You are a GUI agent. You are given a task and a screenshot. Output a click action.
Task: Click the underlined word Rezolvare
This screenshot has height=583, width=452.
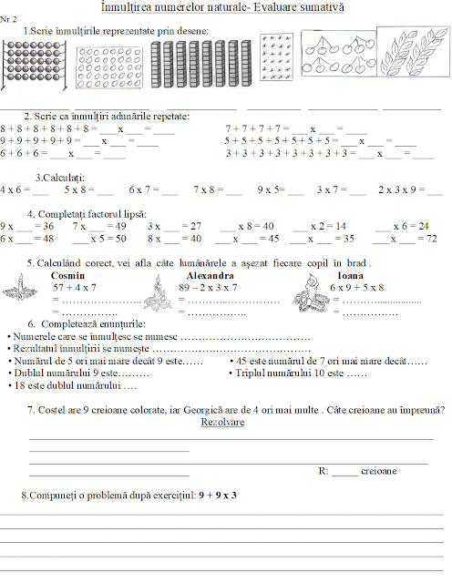[222, 423]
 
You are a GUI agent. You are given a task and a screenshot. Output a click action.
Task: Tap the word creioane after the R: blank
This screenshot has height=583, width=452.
[379, 471]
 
